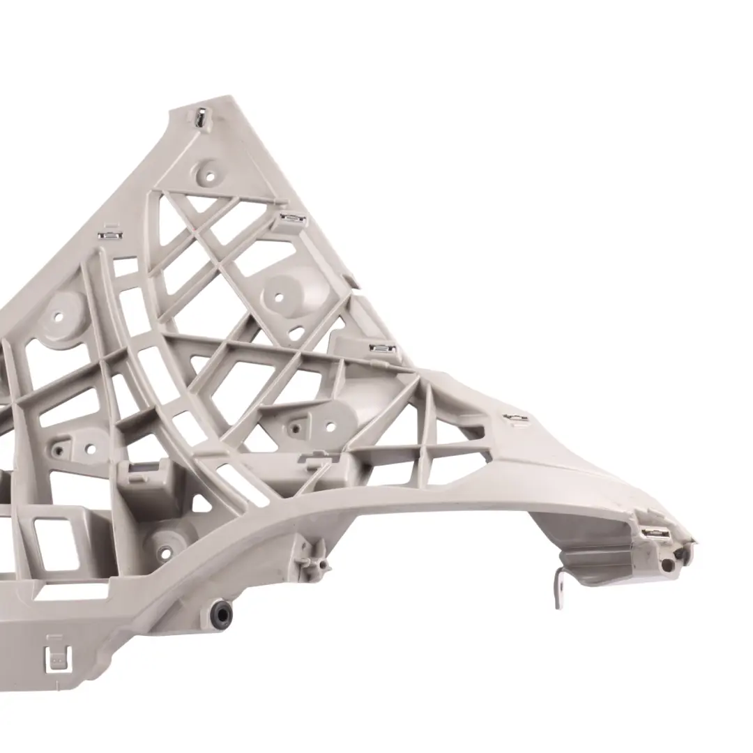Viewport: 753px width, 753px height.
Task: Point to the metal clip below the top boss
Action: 291,220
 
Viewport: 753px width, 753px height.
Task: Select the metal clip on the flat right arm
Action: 516,418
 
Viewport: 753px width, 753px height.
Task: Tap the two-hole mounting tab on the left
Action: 75,448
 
